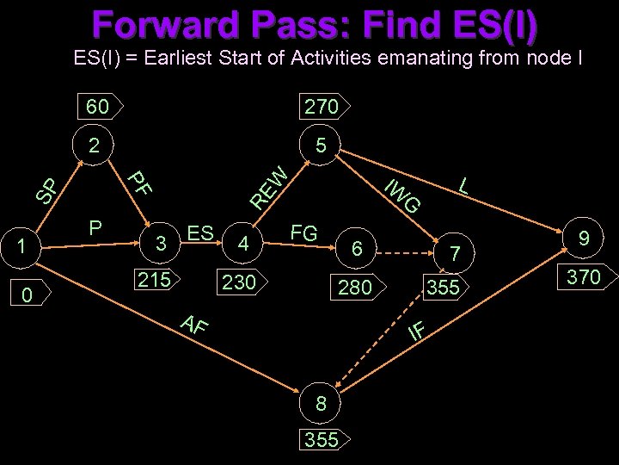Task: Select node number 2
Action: [94, 146]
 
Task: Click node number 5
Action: [319, 146]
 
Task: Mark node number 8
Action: [321, 401]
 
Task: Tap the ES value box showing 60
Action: [100, 107]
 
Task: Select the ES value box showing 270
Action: [321, 107]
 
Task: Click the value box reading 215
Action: [156, 279]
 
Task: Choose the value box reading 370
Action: [585, 277]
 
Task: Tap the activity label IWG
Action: [401, 195]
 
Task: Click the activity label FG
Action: [304, 232]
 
